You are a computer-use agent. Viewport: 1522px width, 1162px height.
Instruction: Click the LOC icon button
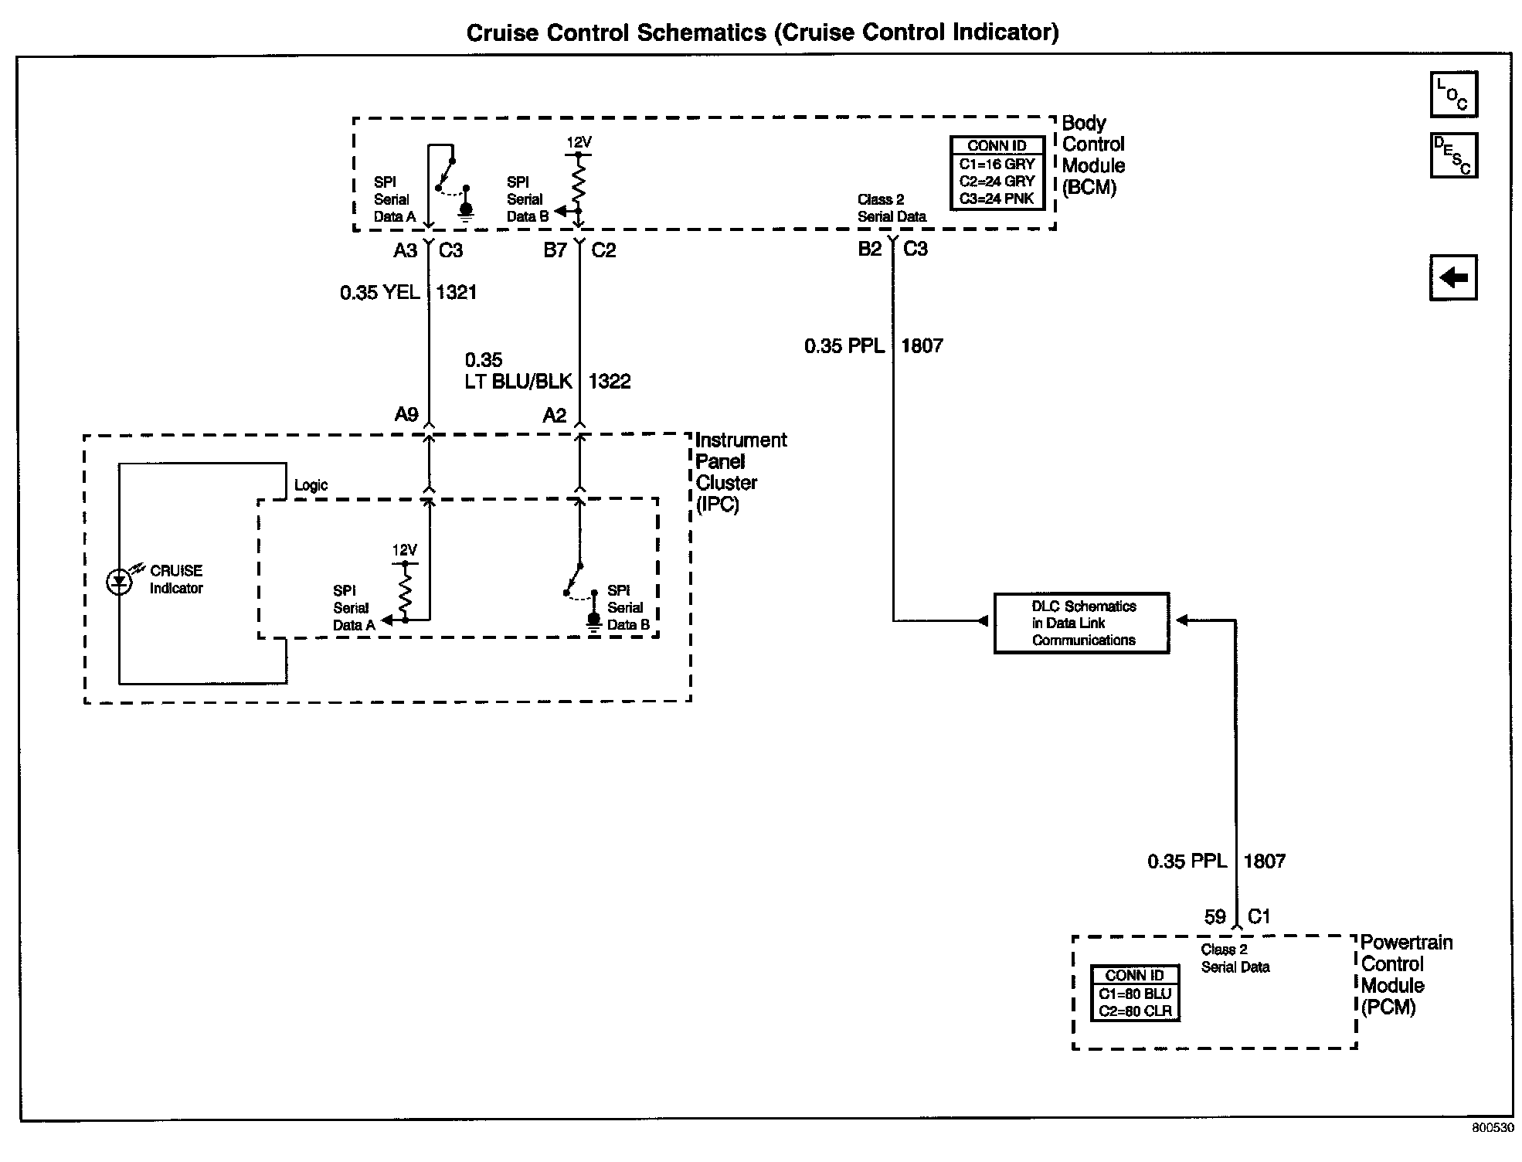[1453, 94]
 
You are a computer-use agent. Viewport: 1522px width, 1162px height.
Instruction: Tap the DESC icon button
[1453, 155]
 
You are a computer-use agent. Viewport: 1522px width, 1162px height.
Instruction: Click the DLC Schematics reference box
[1081, 623]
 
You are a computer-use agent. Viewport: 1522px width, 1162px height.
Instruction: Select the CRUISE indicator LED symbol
[118, 582]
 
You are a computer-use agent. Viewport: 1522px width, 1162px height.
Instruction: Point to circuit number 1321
[457, 292]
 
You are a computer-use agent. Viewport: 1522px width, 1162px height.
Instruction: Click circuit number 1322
[610, 381]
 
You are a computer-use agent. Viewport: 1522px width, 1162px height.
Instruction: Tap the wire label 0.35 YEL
[380, 292]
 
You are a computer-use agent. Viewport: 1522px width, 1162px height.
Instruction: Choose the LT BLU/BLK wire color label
[518, 381]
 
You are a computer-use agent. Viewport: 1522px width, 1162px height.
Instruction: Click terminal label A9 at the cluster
[406, 415]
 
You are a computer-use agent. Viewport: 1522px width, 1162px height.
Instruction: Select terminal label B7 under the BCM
[555, 250]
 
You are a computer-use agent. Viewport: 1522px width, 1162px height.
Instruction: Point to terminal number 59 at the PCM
[1215, 917]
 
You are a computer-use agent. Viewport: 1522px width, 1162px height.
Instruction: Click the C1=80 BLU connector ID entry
[1135, 994]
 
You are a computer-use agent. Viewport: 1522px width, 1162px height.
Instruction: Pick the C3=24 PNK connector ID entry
[997, 199]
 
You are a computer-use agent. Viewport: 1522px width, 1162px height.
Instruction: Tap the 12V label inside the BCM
[579, 142]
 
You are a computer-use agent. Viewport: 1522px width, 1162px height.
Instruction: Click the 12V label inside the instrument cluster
[404, 550]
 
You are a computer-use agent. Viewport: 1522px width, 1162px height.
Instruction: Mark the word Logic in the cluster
[311, 485]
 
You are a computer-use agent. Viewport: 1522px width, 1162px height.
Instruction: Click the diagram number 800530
[1493, 1128]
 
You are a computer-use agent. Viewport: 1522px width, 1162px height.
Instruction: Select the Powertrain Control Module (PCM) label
[1406, 975]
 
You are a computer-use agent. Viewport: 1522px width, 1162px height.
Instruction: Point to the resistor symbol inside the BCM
[578, 182]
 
